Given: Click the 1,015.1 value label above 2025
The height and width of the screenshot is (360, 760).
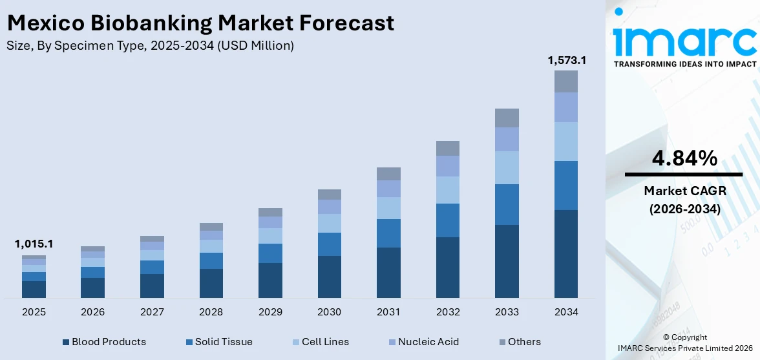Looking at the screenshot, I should pyautogui.click(x=34, y=244).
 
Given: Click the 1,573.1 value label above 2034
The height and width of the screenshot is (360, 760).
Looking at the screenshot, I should pyautogui.click(x=566, y=60).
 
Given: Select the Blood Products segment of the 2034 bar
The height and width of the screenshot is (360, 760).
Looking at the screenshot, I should pyautogui.click(x=566, y=253).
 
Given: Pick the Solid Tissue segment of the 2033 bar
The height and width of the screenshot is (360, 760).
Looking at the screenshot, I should pyautogui.click(x=507, y=204).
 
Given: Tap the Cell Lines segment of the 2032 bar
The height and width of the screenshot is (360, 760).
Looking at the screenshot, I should pyautogui.click(x=448, y=190).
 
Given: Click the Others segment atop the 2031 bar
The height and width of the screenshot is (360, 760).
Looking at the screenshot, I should pyautogui.click(x=388, y=173).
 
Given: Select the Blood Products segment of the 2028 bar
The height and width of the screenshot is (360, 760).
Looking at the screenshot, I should pyautogui.click(x=211, y=283).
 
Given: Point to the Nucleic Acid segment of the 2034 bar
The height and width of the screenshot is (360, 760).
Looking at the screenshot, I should pyautogui.click(x=566, y=107).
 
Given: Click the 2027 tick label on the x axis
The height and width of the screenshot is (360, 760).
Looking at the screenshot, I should pyautogui.click(x=152, y=312).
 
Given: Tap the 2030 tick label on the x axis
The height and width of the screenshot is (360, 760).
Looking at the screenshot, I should pyautogui.click(x=329, y=312).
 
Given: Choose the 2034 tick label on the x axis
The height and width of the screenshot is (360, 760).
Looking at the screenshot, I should pyautogui.click(x=566, y=312).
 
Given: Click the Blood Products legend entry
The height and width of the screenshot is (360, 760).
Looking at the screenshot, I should pyautogui.click(x=104, y=342).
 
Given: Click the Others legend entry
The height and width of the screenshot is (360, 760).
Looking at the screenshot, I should pyautogui.click(x=520, y=342).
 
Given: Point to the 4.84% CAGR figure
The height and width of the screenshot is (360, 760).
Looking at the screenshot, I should pyautogui.click(x=683, y=158).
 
